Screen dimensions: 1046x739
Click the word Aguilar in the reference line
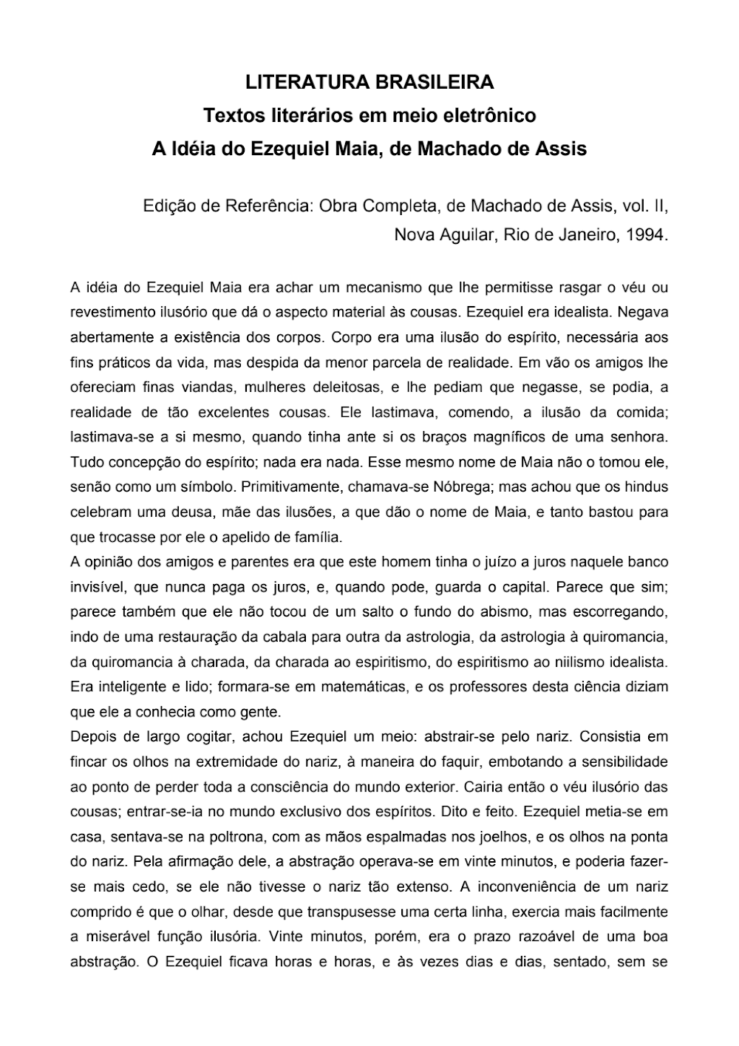pos(462,236)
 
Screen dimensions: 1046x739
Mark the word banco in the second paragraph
pos(647,563)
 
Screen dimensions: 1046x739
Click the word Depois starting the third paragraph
pos(94,737)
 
